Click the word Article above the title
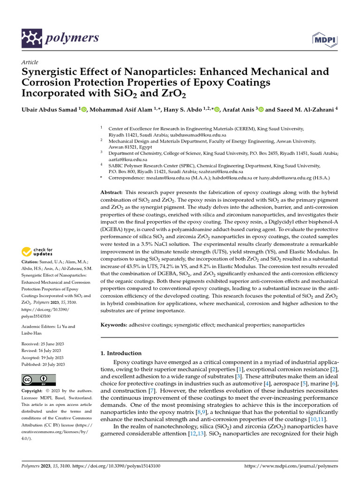point(30,62)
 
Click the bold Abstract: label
point(112,193)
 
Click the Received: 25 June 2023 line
point(43,344)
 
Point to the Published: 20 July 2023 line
point(43,364)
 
